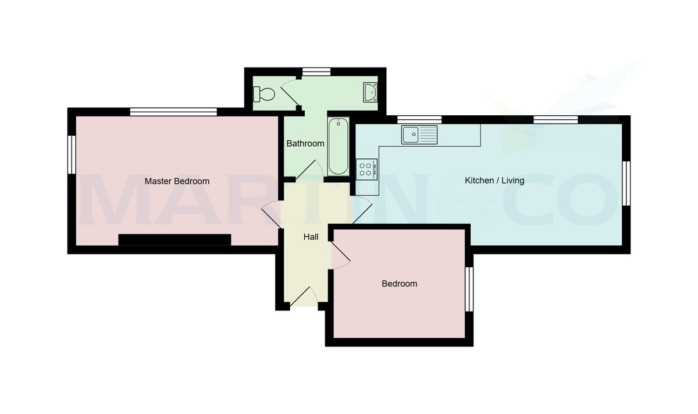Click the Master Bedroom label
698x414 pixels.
click(177, 181)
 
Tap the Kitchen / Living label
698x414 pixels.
click(494, 181)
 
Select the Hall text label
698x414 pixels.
click(311, 237)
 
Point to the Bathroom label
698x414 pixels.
click(305, 143)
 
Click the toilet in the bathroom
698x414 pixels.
click(265, 93)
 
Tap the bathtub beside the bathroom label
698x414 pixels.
click(338, 147)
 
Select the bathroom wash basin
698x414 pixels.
click(369, 92)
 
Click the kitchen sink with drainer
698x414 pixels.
click(419, 135)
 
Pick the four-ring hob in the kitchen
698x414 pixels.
click(367, 169)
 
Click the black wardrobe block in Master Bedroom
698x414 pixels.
click(174, 239)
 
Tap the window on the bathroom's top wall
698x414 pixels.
click(316, 72)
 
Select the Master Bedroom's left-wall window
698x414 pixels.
click(72, 154)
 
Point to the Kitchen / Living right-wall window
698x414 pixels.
click(626, 183)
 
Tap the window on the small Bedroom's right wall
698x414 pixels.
click(469, 289)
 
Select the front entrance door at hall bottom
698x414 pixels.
click(303, 298)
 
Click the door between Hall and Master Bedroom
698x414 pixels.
click(272, 214)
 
